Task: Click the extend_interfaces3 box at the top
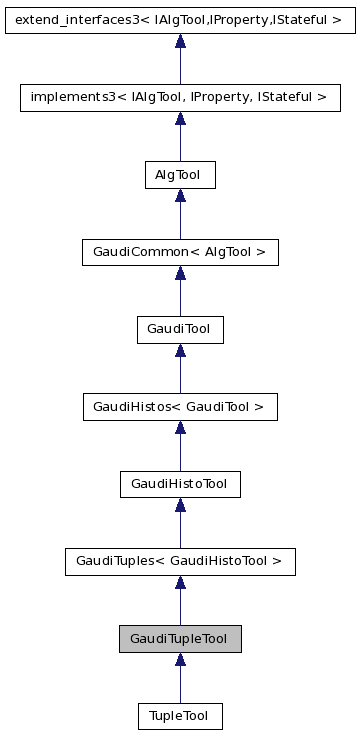[x=180, y=19]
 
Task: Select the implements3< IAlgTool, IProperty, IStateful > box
[x=180, y=97]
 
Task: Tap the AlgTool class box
[x=180, y=175]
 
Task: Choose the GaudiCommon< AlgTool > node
[x=180, y=252]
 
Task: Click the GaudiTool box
[x=180, y=329]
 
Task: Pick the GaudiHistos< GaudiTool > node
[x=180, y=407]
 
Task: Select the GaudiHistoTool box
[x=180, y=484]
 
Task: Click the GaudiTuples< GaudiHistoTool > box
[x=180, y=561]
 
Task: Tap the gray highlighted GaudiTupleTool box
[x=180, y=639]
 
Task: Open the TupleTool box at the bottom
[x=180, y=716]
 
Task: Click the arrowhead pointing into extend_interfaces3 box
[x=180, y=41]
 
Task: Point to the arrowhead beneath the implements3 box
[x=180, y=118]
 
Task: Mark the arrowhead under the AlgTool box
[x=180, y=196]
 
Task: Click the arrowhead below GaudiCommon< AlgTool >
[x=180, y=273]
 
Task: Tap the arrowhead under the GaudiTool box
[x=180, y=350]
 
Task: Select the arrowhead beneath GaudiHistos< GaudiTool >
[x=180, y=428]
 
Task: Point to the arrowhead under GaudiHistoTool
[x=180, y=505]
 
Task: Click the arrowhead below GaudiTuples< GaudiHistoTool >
[x=180, y=582]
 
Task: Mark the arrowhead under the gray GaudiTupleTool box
[x=180, y=660]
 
